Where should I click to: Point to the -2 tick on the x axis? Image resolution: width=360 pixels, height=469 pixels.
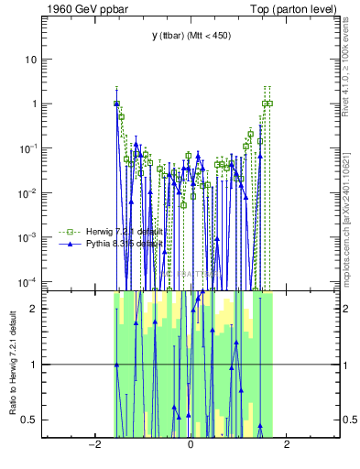(93, 445)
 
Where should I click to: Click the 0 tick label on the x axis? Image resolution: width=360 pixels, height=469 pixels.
(190, 445)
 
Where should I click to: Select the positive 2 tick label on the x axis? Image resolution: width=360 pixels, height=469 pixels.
(287, 445)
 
